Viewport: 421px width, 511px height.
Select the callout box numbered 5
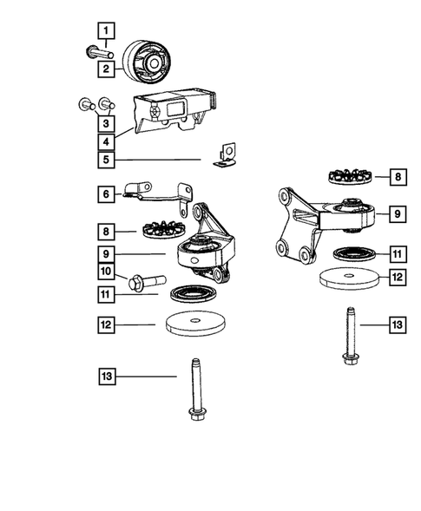106,160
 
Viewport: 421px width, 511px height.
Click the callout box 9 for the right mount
396,211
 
